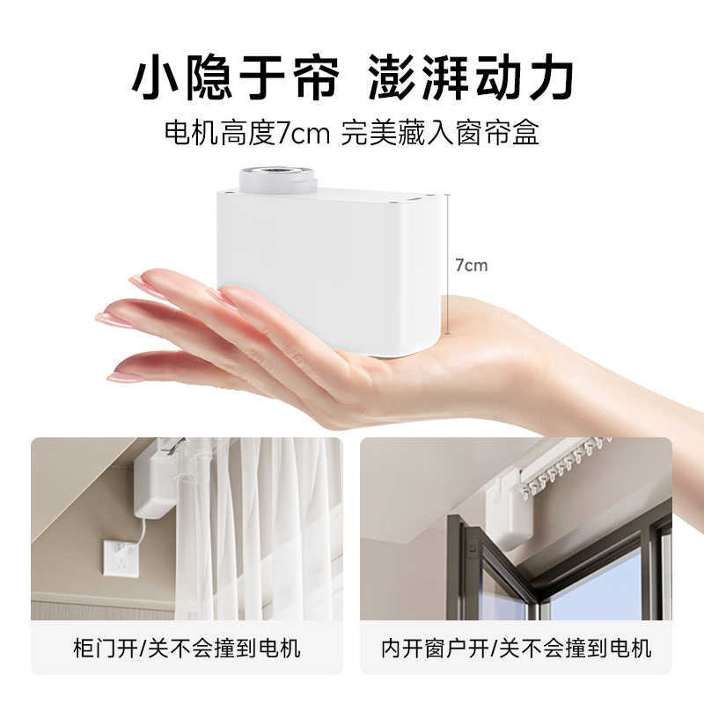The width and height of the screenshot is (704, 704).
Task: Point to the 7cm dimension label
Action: pos(471,265)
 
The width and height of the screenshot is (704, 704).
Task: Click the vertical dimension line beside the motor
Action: pos(449,264)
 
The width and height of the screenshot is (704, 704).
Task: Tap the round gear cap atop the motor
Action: pos(277,180)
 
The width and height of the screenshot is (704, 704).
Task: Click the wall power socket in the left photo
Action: pos(121,557)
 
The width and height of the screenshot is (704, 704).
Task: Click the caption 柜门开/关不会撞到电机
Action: pos(186,649)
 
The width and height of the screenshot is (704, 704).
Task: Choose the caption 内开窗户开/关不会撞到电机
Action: pos(516,649)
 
